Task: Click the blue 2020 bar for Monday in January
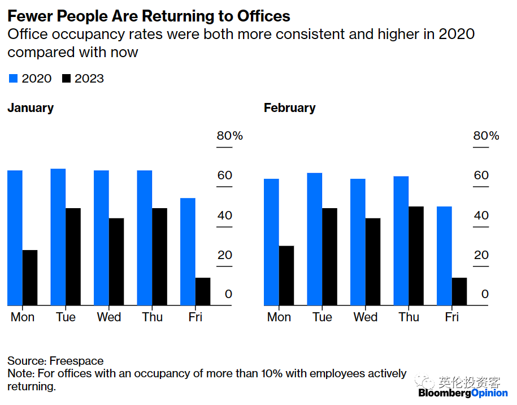point(15,238)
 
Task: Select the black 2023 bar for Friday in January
point(203,291)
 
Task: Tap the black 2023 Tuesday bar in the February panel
point(329,257)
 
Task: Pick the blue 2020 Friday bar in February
point(445,256)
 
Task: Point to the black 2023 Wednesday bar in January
point(116,262)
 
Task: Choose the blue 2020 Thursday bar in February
point(401,241)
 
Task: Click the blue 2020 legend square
point(13,79)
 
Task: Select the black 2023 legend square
point(66,79)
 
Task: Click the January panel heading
point(31,108)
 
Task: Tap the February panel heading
point(289,108)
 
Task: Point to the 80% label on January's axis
point(229,136)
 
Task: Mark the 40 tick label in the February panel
point(481,216)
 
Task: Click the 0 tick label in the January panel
point(228,294)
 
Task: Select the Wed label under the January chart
point(109,317)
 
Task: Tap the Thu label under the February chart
point(409,317)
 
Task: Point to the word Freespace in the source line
point(76,361)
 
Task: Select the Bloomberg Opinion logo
point(463,393)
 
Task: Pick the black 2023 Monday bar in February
point(286,275)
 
